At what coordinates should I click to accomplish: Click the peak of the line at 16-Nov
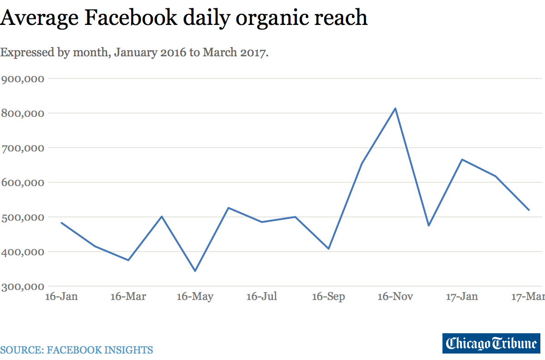[395, 108]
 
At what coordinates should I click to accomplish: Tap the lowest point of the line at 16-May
[195, 271]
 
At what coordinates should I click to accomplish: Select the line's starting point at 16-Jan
[61, 223]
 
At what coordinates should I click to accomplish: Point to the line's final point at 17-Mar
[529, 210]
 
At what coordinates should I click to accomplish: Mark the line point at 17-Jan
[462, 160]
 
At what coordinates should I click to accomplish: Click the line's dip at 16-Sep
[328, 249]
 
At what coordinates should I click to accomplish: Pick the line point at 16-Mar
[128, 260]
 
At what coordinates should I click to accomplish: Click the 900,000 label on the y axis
[23, 78]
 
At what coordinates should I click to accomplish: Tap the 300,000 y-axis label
[23, 287]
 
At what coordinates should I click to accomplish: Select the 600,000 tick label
[23, 182]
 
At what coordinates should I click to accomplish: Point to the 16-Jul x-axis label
[262, 296]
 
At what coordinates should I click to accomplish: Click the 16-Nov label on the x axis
[395, 296]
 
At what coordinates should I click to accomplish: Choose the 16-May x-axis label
[195, 296]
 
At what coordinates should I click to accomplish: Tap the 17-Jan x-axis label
[462, 296]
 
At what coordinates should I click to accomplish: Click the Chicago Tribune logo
[491, 343]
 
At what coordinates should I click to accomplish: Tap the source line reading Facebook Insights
[76, 350]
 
